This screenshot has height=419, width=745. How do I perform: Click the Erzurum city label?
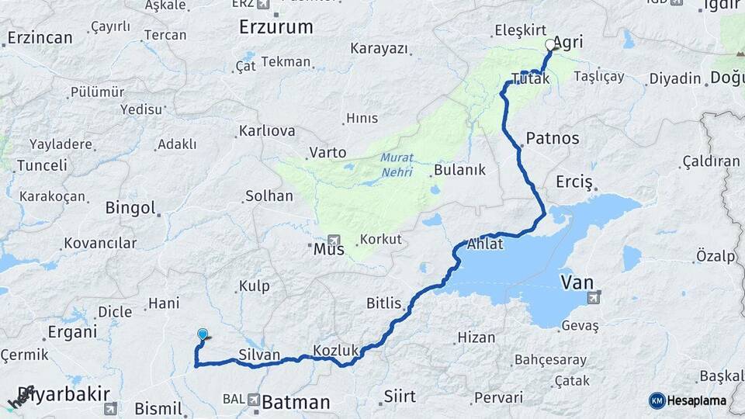tap(275, 27)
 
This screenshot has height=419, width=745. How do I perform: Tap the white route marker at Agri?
tap(551, 45)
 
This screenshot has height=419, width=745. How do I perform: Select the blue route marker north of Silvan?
tap(203, 334)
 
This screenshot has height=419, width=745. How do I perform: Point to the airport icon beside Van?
tap(594, 296)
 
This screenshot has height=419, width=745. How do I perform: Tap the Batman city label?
tap(296, 403)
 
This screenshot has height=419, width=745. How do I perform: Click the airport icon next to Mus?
tap(334, 241)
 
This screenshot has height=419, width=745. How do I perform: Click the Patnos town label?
tap(553, 139)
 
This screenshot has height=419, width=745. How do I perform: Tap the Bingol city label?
tap(130, 208)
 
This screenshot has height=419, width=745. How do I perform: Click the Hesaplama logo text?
tap(698, 401)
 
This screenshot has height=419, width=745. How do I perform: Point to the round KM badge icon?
tap(657, 401)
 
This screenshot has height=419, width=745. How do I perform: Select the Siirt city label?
tap(400, 396)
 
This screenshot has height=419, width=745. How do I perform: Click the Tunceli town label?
tap(42, 165)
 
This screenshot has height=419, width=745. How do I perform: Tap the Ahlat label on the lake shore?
tap(485, 244)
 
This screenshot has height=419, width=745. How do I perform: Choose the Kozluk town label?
tap(335, 350)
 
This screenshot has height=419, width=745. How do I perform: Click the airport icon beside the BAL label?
tap(254, 399)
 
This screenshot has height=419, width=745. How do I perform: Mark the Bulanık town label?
tap(459, 169)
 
